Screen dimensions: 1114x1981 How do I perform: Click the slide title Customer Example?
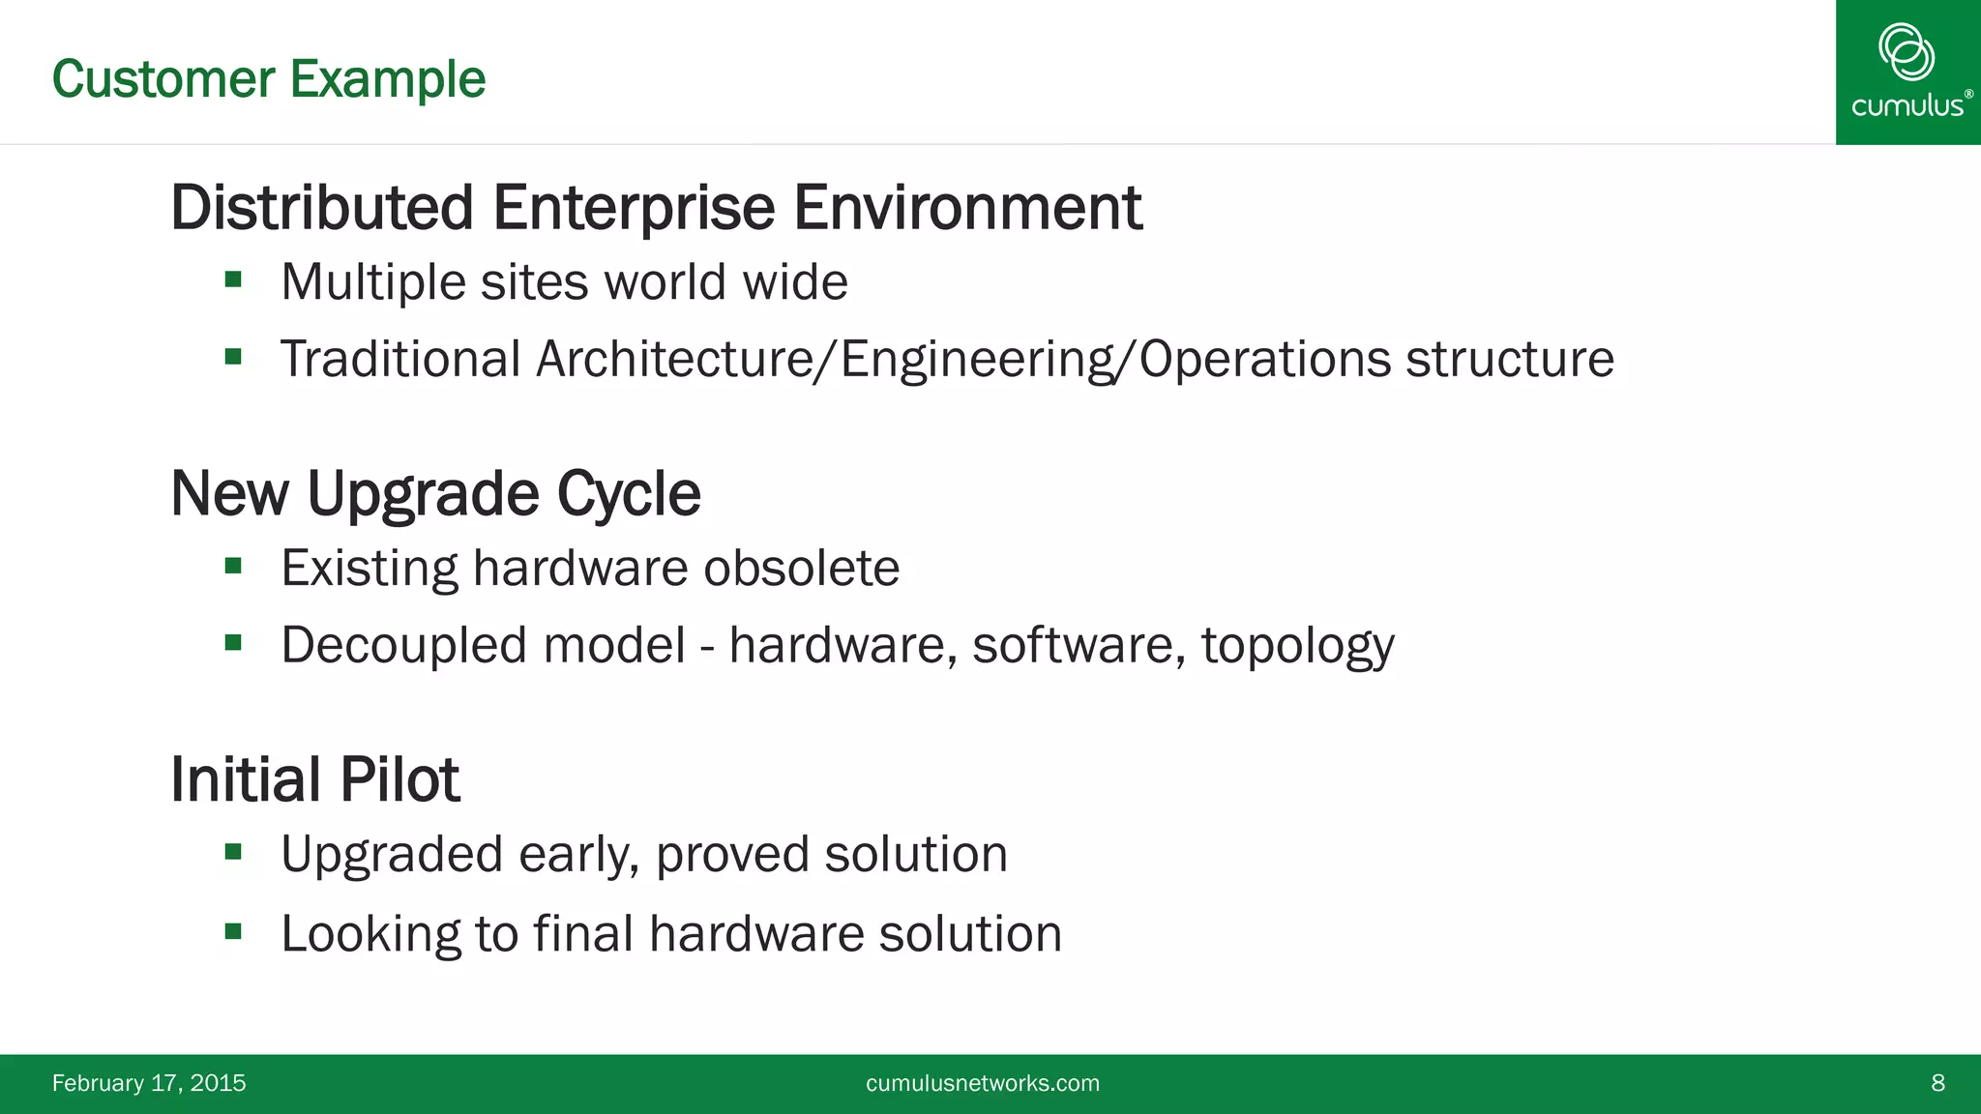coord(268,79)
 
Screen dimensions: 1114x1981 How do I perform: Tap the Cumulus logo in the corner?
coord(1907,72)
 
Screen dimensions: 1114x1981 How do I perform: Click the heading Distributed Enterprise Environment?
coord(656,208)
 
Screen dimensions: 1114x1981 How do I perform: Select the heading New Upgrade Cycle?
coord(435,494)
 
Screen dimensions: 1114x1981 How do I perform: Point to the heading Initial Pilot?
coord(314,779)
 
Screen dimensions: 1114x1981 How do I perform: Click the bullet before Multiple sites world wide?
coord(233,280)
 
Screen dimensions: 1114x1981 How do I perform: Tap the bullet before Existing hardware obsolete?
coord(233,566)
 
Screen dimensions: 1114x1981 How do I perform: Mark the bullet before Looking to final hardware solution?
coord(233,932)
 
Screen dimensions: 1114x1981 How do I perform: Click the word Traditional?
coord(400,360)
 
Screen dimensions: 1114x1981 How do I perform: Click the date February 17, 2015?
coord(149,1083)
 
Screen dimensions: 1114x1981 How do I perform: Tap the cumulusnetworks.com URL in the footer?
coord(982,1083)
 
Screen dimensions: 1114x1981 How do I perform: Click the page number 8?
coord(1937,1083)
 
